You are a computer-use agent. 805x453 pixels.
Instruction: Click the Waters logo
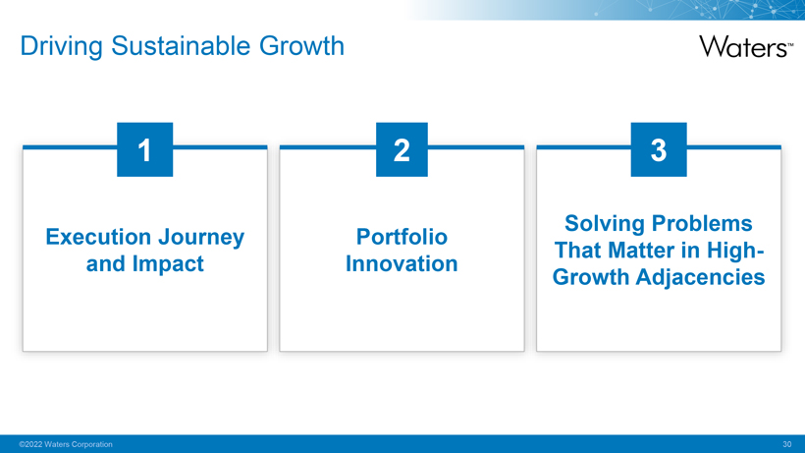pos(746,47)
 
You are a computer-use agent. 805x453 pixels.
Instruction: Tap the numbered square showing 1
pos(144,149)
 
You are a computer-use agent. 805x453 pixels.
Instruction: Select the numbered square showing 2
pos(402,149)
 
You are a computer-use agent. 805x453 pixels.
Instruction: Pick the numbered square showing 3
pos(659,149)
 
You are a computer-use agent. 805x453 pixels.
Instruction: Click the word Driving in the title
pos(62,47)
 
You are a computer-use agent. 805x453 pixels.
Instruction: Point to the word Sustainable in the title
pos(181,46)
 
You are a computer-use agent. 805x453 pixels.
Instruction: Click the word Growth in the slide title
pos(301,46)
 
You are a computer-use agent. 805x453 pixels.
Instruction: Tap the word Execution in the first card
pos(97,237)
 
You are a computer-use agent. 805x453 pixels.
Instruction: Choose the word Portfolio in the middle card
pos(402,237)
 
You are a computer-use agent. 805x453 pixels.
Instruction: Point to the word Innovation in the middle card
pos(402,263)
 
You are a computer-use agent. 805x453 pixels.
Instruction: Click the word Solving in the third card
pos(605,224)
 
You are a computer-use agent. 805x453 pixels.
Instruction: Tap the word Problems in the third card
pos(702,223)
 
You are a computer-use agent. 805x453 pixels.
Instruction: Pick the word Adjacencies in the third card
pos(700,278)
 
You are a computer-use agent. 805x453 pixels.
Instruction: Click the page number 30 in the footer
pos(787,444)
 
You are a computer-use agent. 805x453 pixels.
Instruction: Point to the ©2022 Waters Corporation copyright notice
pos(66,444)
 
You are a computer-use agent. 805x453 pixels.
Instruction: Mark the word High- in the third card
pos(735,252)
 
